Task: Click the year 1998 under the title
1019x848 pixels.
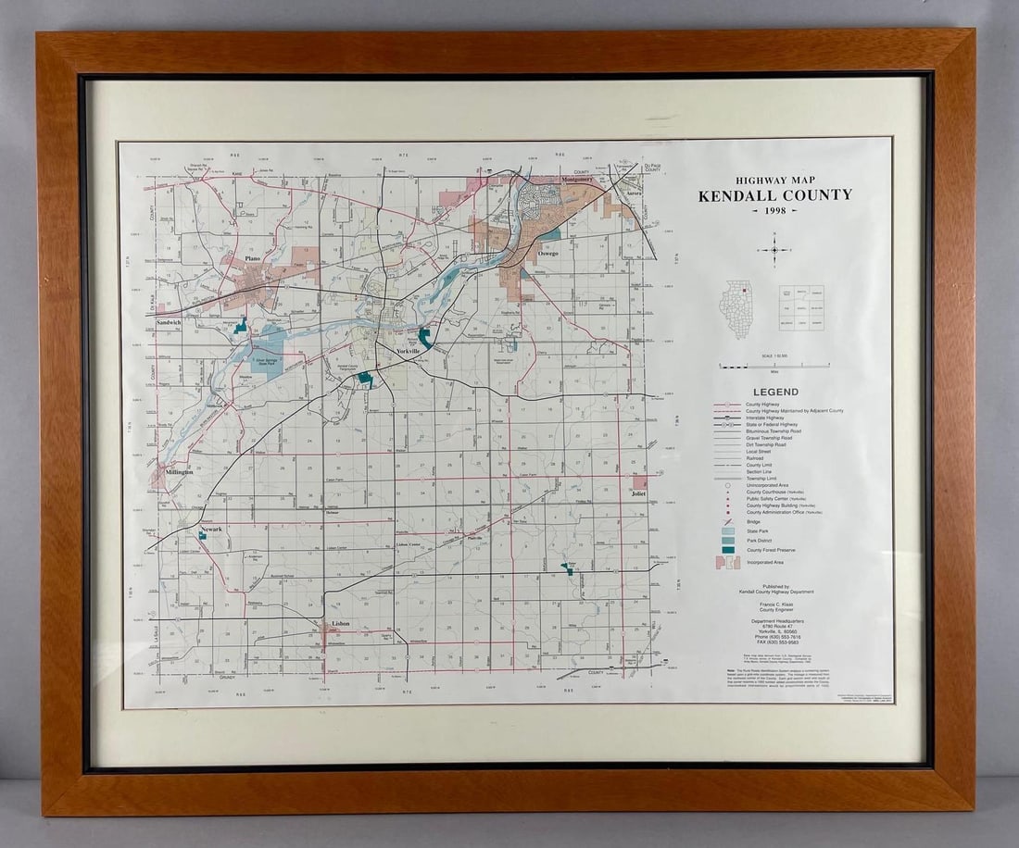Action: [774, 212]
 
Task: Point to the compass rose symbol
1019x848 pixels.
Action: [774, 248]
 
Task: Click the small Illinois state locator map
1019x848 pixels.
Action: [739, 308]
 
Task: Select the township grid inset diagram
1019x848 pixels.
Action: [801, 308]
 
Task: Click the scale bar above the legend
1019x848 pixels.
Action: [774, 366]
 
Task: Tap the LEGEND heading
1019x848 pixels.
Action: [775, 393]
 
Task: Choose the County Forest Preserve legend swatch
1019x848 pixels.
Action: [728, 550]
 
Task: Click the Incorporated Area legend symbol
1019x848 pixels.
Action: [727, 562]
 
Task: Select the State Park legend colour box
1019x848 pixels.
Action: [728, 532]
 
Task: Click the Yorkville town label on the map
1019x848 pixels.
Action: [408, 352]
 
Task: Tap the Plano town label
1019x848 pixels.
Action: [252, 259]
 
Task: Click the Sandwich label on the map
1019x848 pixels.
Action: [171, 322]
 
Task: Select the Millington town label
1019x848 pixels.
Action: [180, 471]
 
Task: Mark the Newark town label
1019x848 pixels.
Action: [211, 529]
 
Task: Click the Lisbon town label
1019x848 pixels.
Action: [340, 624]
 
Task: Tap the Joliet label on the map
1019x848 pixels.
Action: [638, 493]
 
